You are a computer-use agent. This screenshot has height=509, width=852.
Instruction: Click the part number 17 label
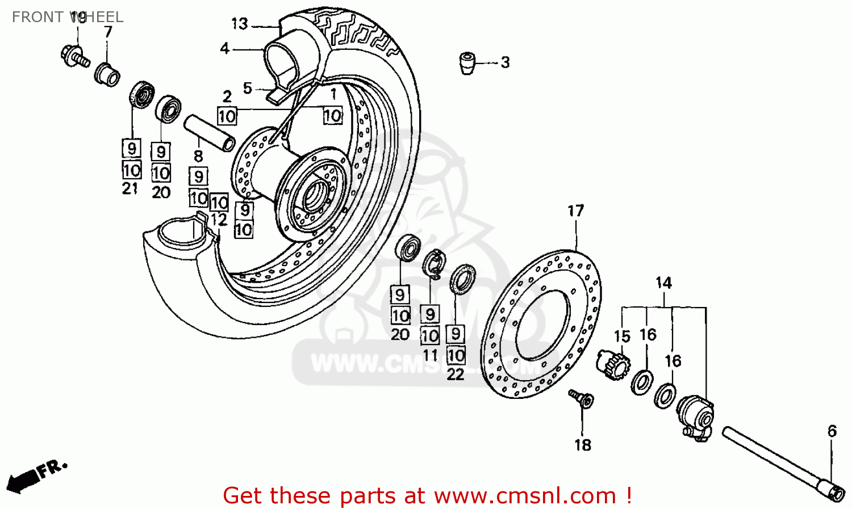click(x=575, y=211)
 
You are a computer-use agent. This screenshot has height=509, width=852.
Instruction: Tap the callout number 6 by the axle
click(x=832, y=431)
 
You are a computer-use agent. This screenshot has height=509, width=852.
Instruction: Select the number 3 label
click(x=505, y=62)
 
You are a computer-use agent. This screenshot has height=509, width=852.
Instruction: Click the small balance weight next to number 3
click(x=467, y=62)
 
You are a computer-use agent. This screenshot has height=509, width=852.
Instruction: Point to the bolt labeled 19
click(x=74, y=56)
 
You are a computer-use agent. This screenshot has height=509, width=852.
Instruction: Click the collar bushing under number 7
click(x=107, y=74)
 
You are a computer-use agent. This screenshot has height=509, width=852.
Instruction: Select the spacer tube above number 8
click(x=209, y=133)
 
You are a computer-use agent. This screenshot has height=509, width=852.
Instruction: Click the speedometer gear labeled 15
click(x=612, y=366)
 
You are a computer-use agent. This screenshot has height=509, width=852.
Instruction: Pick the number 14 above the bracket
click(x=663, y=283)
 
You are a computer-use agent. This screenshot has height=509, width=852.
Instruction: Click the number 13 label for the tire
click(x=239, y=24)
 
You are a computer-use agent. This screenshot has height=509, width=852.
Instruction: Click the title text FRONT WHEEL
click(x=68, y=17)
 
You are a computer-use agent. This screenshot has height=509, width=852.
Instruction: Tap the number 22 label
click(x=456, y=375)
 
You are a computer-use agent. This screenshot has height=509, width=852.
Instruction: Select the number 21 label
click(x=130, y=189)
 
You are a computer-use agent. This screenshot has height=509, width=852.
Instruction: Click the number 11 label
click(x=430, y=356)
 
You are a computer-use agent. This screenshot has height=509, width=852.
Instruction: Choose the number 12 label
click(x=219, y=220)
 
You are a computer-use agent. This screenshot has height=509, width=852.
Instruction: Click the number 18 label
click(x=583, y=445)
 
